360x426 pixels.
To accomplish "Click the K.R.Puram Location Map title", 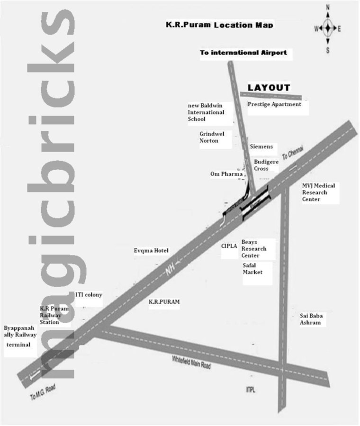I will pyautogui.click(x=219, y=24).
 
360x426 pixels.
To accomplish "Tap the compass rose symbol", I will pyautogui.click(x=327, y=28).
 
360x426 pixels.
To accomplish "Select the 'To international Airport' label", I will pyautogui.click(x=243, y=53).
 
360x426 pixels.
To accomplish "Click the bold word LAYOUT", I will pyautogui.click(x=269, y=88).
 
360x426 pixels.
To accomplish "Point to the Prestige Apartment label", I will pyautogui.click(x=274, y=104).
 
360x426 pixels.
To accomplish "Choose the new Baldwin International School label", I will pyautogui.click(x=206, y=112).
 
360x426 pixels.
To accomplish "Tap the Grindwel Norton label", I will pyautogui.click(x=212, y=137).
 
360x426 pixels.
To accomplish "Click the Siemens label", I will pyautogui.click(x=261, y=147).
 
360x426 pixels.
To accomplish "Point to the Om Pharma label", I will pyautogui.click(x=226, y=174).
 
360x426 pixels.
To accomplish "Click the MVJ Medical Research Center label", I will pyautogui.click(x=318, y=192).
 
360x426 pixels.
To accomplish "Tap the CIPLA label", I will pyautogui.click(x=230, y=246).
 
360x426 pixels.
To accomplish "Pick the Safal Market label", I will pyautogui.click(x=252, y=269).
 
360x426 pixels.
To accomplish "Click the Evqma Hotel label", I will pyautogui.click(x=151, y=250).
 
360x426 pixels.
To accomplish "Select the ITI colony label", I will pyautogui.click(x=89, y=295).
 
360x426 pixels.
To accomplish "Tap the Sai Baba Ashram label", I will pyautogui.click(x=310, y=319).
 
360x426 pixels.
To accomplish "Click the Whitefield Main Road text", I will pyautogui.click(x=191, y=363).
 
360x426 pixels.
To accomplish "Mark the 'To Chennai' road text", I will pyautogui.click(x=292, y=154).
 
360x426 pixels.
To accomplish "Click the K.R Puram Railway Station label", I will pyautogui.click(x=54, y=315).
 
